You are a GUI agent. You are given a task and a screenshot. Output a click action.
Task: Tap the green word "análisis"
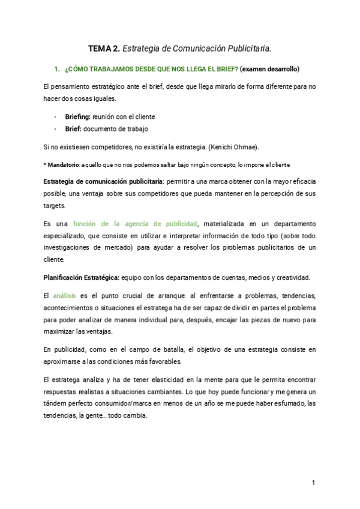tap(65, 295)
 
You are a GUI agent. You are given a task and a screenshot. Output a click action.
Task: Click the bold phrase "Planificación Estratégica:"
tap(82, 278)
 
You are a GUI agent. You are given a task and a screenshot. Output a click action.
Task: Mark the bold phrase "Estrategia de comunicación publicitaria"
tap(103, 181)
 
